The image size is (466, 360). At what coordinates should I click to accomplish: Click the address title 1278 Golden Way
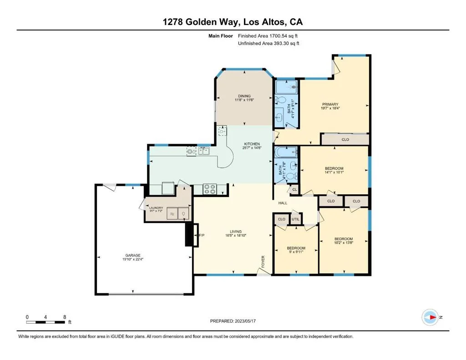(201, 22)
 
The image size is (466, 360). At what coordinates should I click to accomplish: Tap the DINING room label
(244, 96)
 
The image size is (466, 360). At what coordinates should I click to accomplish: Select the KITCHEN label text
(252, 144)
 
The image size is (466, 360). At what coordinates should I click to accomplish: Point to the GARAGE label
(133, 255)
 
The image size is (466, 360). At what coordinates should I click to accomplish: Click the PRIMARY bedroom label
(330, 104)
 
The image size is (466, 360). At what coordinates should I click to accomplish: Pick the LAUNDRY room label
(156, 208)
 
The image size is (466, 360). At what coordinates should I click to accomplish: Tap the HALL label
(283, 203)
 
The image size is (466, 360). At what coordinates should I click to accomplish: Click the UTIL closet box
(296, 219)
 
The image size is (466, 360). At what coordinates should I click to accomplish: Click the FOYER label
(263, 262)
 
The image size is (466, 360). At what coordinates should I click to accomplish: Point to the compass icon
(430, 317)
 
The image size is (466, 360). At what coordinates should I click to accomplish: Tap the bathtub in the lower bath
(286, 152)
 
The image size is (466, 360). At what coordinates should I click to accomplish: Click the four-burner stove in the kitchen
(209, 189)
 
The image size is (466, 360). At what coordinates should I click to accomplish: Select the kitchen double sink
(204, 151)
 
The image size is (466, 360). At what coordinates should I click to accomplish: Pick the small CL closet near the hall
(294, 189)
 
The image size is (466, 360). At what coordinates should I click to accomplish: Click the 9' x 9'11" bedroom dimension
(296, 252)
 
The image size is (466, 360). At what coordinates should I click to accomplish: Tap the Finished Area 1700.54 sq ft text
(268, 36)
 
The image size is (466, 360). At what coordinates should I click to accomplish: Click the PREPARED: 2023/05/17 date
(233, 321)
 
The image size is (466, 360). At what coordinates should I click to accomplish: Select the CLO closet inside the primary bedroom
(345, 139)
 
